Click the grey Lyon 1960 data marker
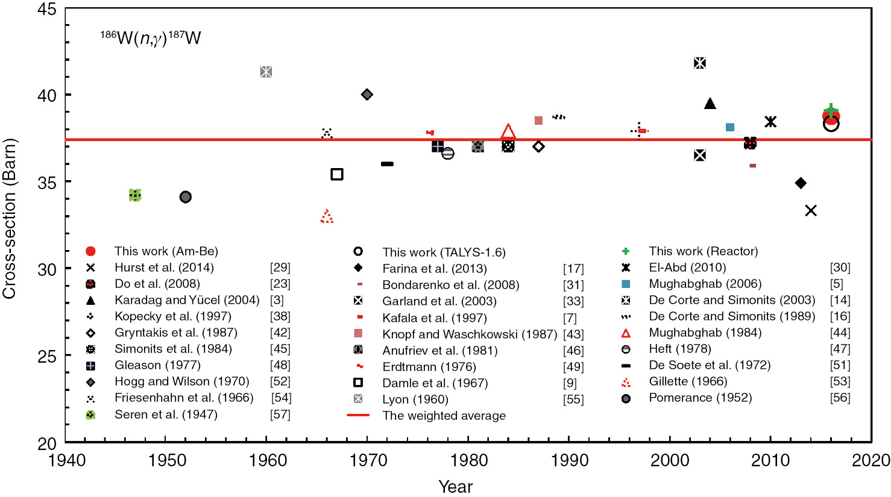[266, 72]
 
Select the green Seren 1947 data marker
[135, 195]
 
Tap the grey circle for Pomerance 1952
[186, 197]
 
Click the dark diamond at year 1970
[367, 95]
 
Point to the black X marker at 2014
[811, 210]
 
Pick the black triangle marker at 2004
[710, 104]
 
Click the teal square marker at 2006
[730, 127]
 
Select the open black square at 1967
[337, 174]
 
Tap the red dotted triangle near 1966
[327, 217]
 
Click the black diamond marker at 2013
[801, 183]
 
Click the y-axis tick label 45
[46, 10]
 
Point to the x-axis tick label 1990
[569, 461]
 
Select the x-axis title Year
[455, 487]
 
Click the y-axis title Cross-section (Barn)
[10, 218]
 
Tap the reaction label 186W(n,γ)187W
[150, 39]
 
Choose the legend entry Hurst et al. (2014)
[164, 267]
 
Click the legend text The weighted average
[444, 416]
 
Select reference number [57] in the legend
[280, 414]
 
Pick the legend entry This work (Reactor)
[703, 251]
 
